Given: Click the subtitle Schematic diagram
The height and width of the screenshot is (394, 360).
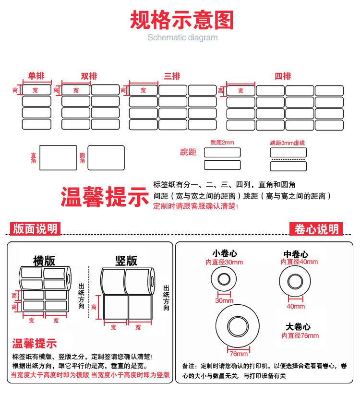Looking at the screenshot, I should [182, 38].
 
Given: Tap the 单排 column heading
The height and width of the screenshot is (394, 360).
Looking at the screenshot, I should [36, 76].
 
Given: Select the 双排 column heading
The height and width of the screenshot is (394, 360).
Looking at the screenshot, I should [89, 76].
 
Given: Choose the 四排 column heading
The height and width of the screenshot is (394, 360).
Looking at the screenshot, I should [283, 76].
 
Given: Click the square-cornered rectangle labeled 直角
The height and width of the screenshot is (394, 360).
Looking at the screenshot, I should [58, 157].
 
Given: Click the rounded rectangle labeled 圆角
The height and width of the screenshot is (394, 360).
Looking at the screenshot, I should [106, 157].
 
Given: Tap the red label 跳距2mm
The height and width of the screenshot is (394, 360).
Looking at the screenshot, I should [222, 143].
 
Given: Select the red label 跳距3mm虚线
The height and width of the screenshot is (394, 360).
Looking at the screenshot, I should [288, 143].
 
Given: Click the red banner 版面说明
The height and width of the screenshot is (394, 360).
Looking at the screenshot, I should [35, 229].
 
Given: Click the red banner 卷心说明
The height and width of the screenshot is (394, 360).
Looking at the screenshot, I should [316, 229].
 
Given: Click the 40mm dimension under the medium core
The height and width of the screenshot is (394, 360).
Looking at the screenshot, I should [296, 306].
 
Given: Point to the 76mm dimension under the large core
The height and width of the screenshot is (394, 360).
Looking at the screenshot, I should [239, 354].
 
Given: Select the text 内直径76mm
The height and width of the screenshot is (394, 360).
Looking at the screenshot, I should [300, 335].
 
